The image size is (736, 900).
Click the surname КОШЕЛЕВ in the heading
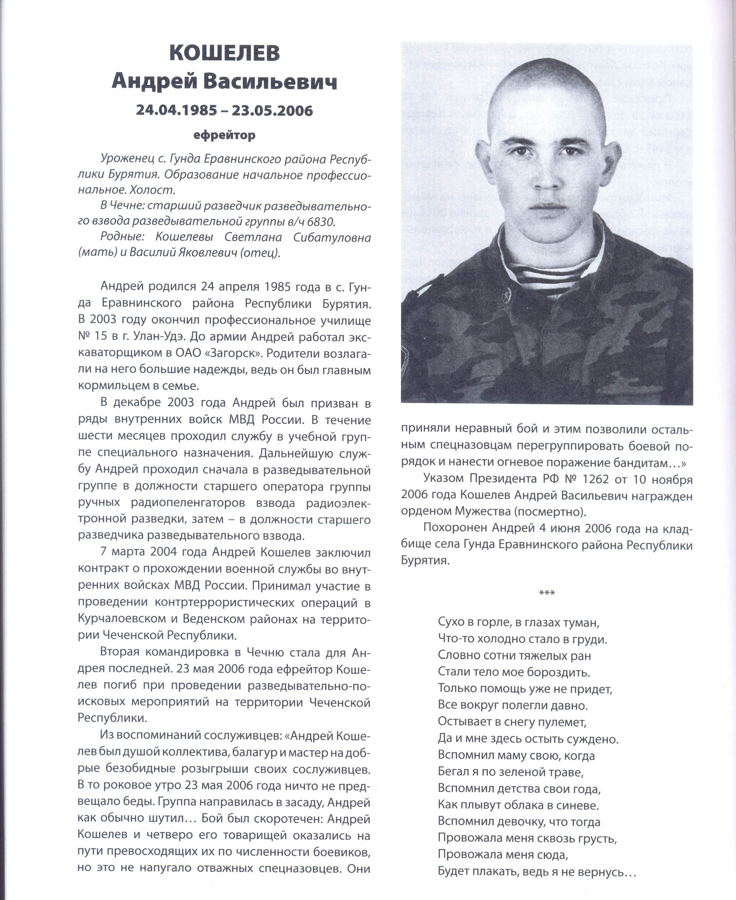coord(224,54)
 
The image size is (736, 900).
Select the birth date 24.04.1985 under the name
coord(176,110)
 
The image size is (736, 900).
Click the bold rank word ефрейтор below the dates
coord(224,135)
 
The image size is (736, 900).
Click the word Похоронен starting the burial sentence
coord(455,528)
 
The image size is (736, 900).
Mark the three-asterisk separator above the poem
coord(547,593)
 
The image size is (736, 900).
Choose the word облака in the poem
coord(530,805)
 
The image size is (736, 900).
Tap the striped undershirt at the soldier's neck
coord(547,271)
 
